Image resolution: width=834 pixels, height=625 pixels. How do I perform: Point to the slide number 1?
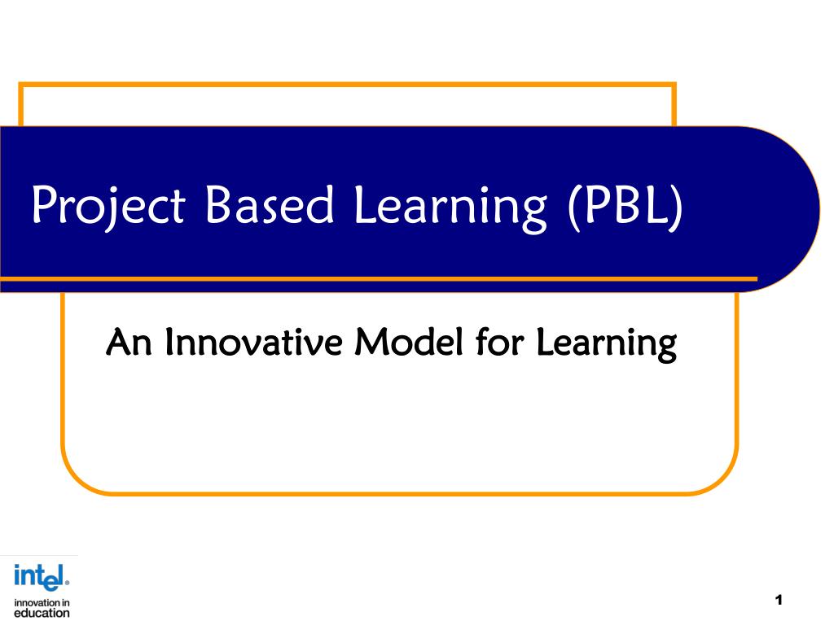coord(779,601)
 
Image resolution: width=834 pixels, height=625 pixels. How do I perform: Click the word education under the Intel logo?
coord(42,613)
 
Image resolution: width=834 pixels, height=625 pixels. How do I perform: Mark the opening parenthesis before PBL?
coord(570,207)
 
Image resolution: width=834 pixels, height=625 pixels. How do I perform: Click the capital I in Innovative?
coord(168,343)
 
